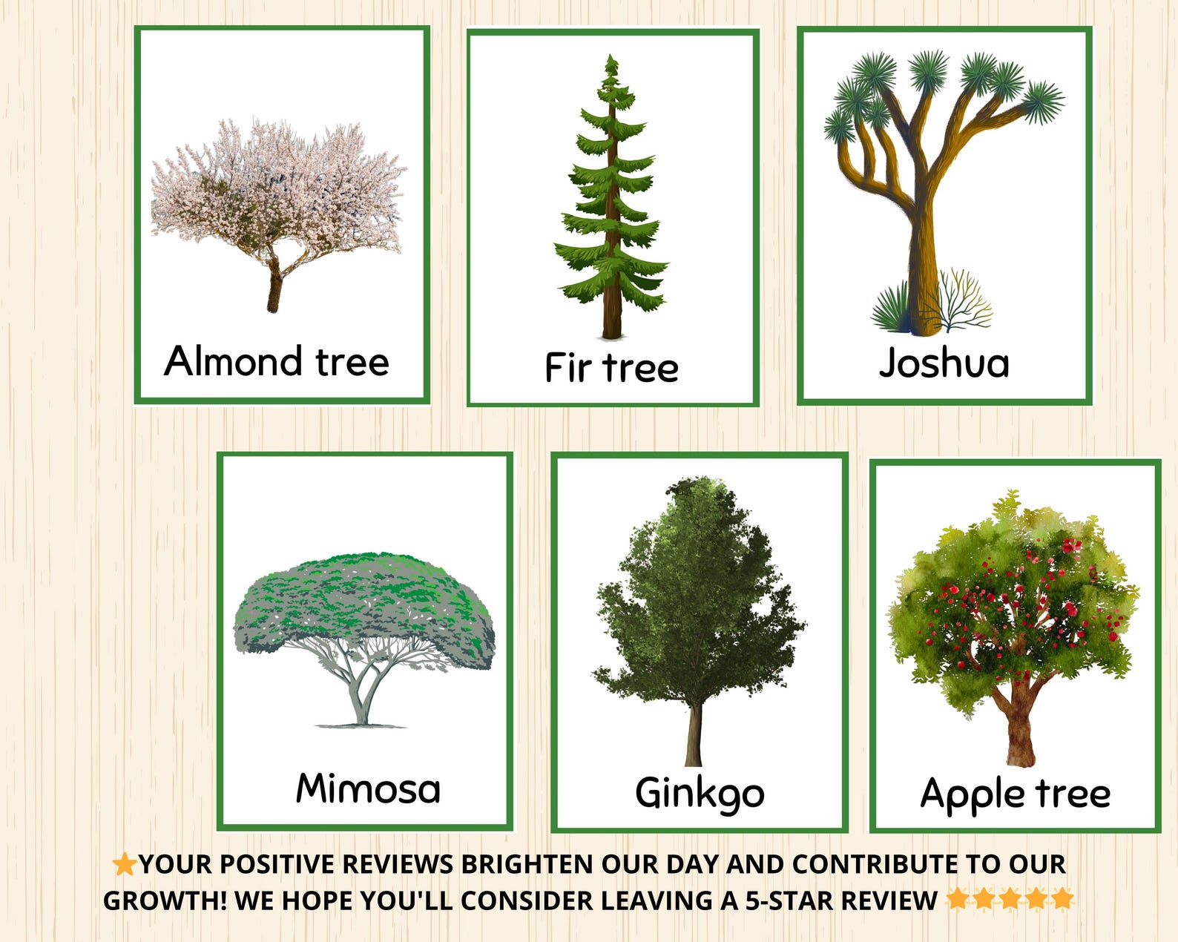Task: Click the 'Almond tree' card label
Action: click(x=277, y=361)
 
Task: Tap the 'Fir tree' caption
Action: click(x=611, y=367)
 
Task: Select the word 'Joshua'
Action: click(x=944, y=363)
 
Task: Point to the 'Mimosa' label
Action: click(x=368, y=788)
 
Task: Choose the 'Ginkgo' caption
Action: click(x=700, y=793)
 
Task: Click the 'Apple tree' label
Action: click(x=1015, y=794)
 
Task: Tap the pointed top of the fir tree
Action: click(x=611, y=61)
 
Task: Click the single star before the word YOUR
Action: click(x=123, y=863)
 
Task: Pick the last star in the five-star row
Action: click(x=1062, y=898)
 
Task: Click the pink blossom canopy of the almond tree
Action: click(x=278, y=185)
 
